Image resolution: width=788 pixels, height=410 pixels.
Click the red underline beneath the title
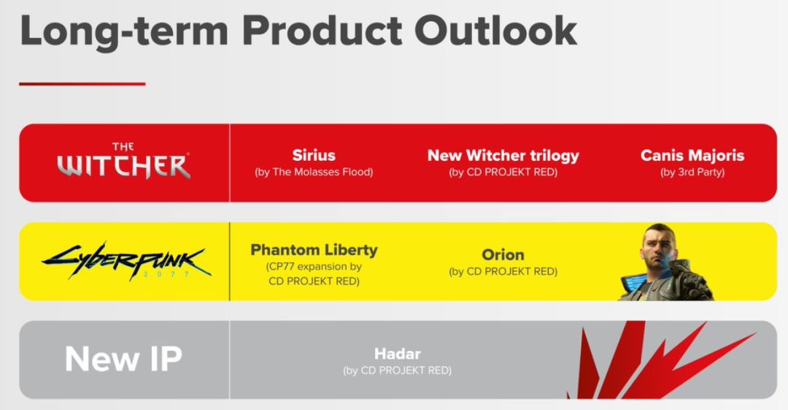coord(82,83)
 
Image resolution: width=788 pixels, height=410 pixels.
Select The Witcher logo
coord(123,161)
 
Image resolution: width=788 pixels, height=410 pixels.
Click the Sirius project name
coord(314,155)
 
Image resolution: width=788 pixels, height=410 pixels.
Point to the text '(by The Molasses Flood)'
coord(314,172)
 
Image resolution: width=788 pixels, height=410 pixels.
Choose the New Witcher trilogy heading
coord(503,156)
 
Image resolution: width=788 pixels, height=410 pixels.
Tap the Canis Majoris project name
coord(692,155)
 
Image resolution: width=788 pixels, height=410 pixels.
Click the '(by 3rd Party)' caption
coord(692,172)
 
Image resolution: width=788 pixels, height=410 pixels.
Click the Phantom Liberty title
coord(314,250)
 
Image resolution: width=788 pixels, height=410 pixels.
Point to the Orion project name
coord(503,255)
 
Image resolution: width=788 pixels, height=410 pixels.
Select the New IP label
coord(123,359)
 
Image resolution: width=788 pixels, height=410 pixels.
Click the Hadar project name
coord(398,354)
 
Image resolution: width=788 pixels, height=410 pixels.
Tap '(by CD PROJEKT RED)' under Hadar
coord(398,371)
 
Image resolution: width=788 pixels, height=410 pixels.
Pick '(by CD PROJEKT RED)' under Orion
coord(503,271)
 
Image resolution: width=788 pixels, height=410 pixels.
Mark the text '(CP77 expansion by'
coord(314,267)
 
